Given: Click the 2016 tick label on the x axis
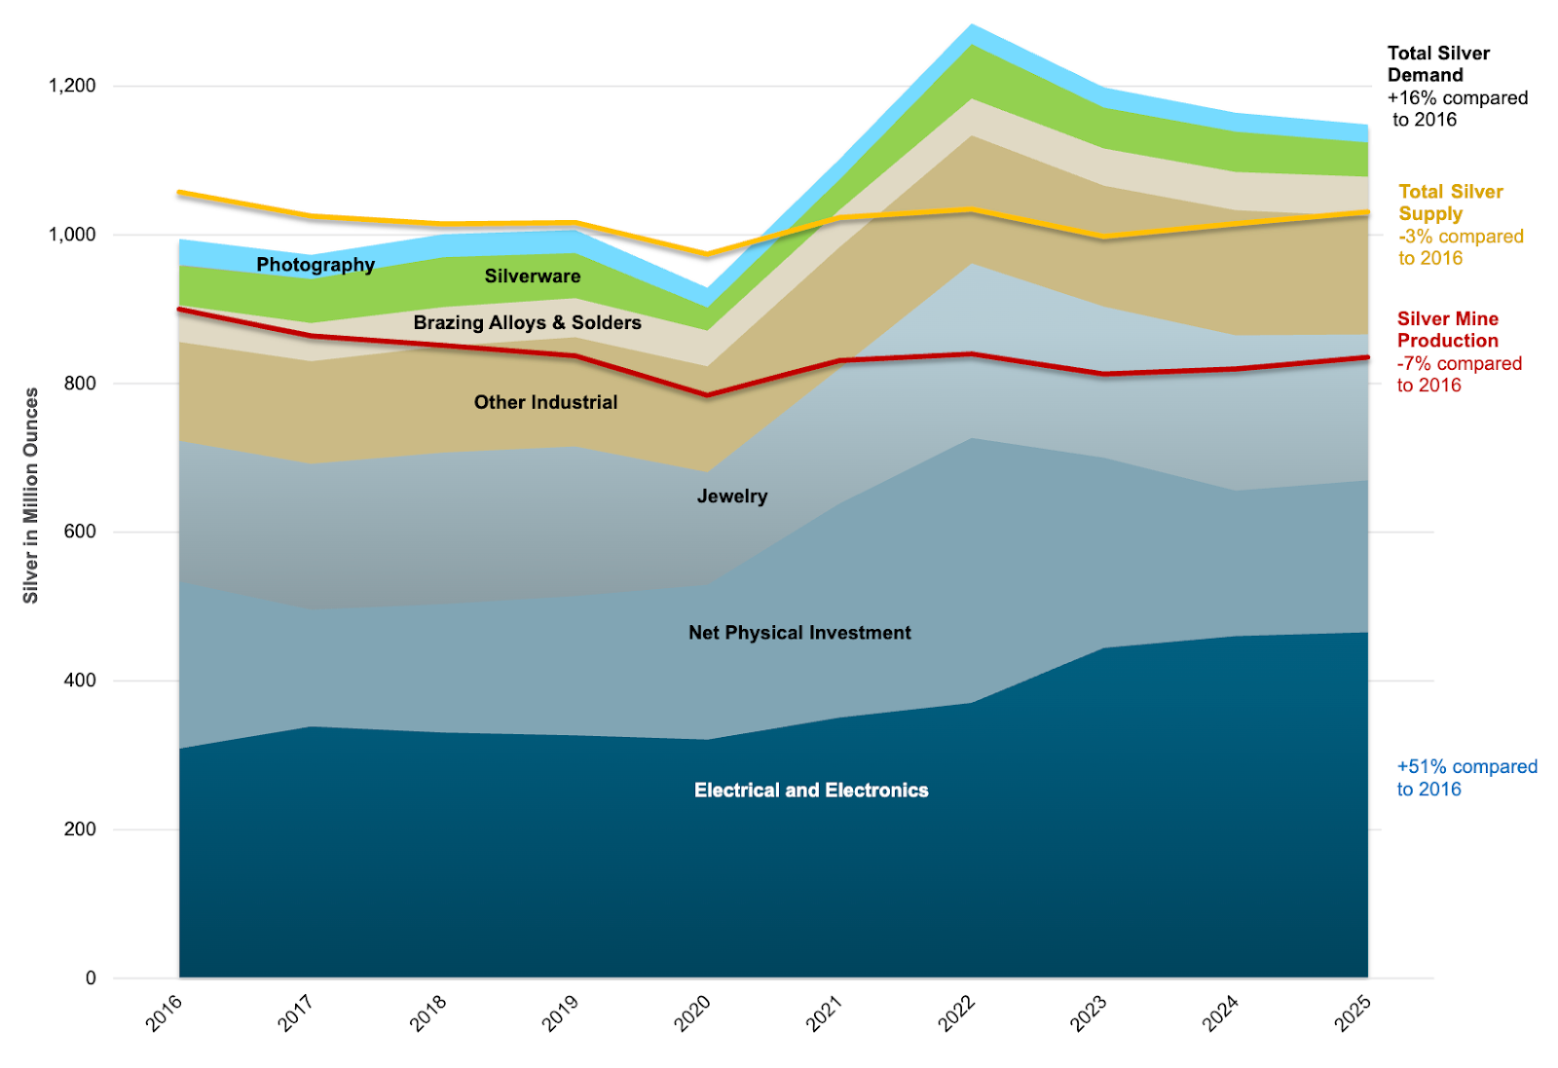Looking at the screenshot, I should click(165, 1013).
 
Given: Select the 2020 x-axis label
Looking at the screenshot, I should click(693, 1013).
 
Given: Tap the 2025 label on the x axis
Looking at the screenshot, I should click(1353, 1013).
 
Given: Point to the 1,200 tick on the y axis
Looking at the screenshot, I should click(73, 86).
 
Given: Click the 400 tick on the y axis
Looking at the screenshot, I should click(81, 681).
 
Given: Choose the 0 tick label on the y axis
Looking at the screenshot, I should click(92, 977).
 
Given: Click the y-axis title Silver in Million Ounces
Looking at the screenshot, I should click(31, 495).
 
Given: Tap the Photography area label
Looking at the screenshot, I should click(315, 265).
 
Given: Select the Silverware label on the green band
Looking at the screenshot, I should click(533, 276).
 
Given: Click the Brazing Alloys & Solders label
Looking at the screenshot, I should click(527, 322).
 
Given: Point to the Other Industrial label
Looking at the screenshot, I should click(545, 402).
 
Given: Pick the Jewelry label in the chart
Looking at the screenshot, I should click(732, 497).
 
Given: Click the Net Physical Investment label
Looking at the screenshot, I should click(799, 633).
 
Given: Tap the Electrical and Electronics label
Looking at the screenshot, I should click(811, 791).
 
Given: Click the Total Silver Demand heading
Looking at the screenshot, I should click(1438, 64).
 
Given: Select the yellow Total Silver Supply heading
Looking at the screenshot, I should click(1450, 203).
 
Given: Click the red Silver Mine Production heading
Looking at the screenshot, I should click(1447, 329).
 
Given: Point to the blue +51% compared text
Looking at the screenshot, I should click(1466, 767).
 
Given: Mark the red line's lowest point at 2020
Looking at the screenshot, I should click(708, 395).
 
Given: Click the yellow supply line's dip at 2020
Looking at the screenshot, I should click(708, 254).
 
